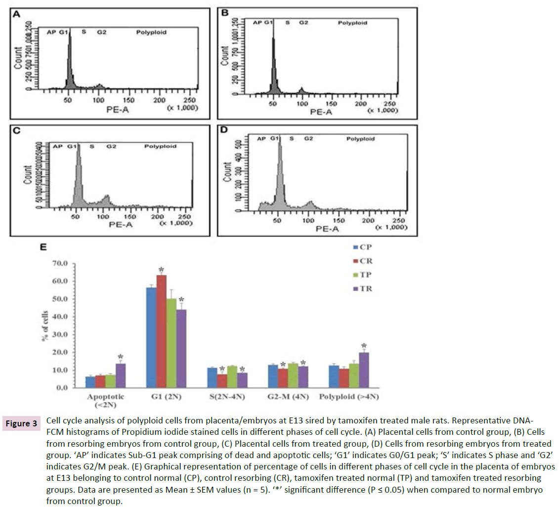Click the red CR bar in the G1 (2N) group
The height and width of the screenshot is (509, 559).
click(161, 331)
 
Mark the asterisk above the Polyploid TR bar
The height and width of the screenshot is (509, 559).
click(364, 346)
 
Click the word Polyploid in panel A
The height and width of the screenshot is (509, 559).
click(151, 33)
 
